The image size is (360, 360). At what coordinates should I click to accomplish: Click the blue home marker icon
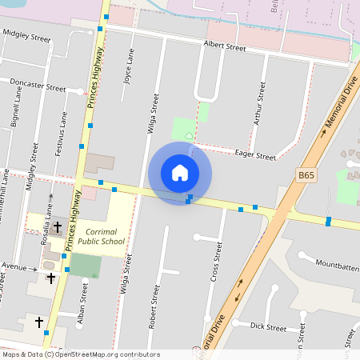[x=180, y=173]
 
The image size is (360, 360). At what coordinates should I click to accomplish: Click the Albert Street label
[x=224, y=47]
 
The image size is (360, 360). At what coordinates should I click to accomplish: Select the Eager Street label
[x=254, y=155]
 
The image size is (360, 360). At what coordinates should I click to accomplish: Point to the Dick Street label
[x=267, y=326]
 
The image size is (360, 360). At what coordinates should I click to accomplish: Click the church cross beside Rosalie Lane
[x=58, y=226]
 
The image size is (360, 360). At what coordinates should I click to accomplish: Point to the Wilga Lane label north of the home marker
[x=152, y=112]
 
